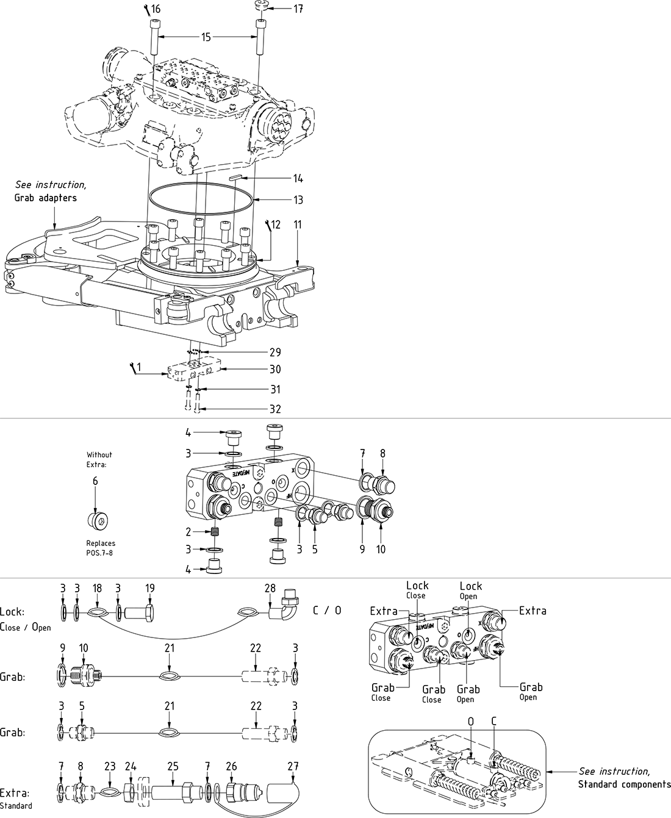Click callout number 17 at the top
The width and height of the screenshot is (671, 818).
298,9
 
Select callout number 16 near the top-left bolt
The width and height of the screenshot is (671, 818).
156,9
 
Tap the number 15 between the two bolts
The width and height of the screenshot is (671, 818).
206,37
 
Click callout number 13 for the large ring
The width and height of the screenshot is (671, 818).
298,200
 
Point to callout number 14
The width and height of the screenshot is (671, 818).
298,179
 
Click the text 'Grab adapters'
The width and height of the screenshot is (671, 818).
46,198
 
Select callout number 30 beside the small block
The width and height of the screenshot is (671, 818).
274,369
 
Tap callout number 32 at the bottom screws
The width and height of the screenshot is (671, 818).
275,409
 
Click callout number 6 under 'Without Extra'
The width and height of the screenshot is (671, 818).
95,481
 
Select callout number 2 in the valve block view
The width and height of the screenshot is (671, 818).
189,531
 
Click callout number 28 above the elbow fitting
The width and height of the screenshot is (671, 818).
270,588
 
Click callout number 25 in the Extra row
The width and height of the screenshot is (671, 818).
173,766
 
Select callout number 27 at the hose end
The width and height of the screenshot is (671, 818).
293,766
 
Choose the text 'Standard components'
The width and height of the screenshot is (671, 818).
623,784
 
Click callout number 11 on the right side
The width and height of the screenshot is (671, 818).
298,224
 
